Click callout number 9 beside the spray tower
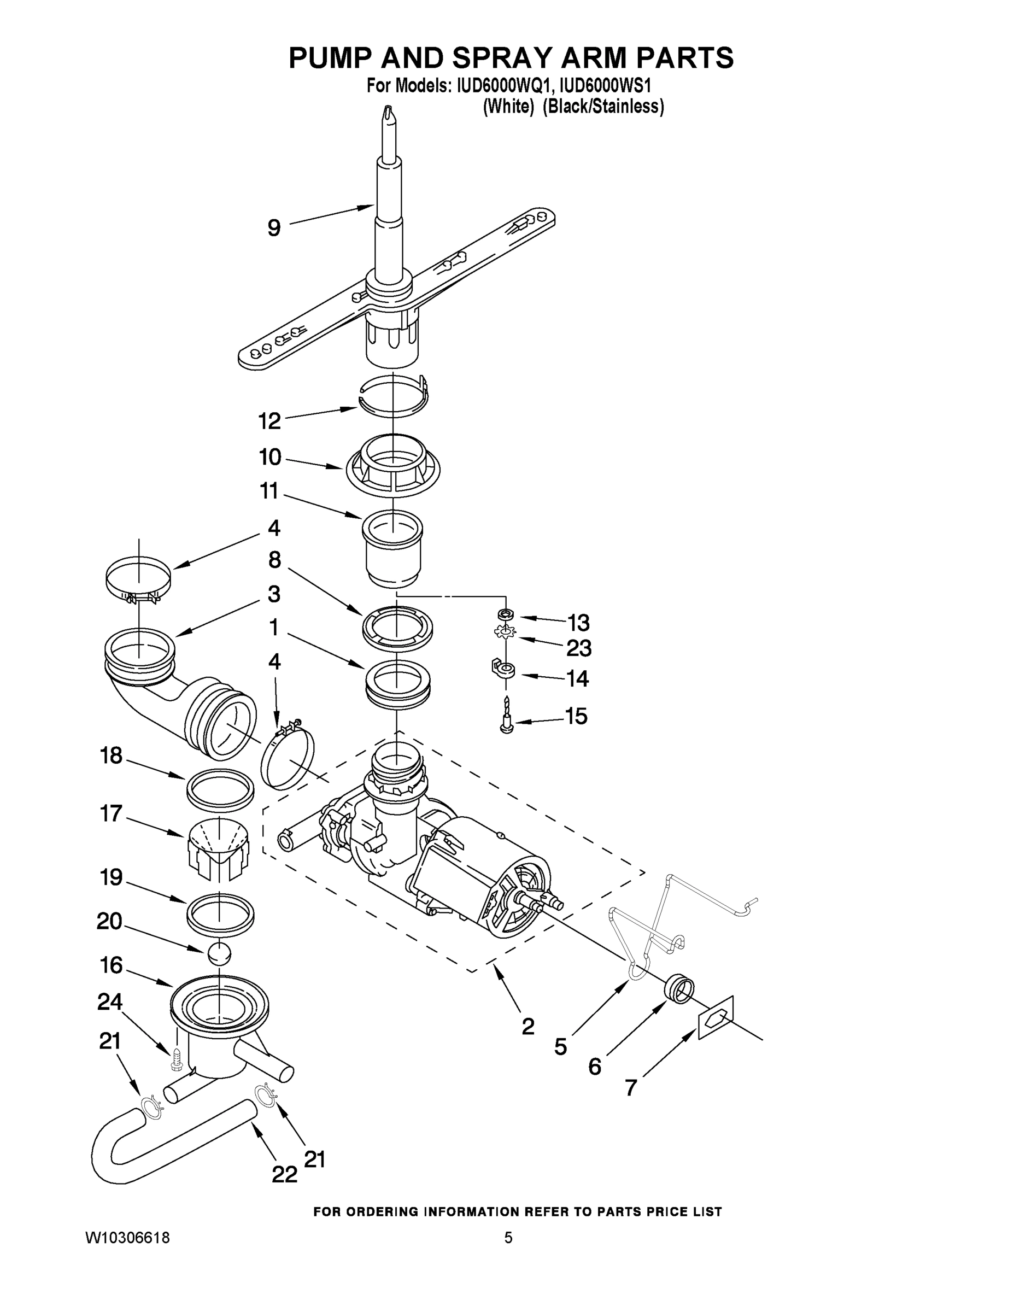[x=274, y=229]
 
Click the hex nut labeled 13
[x=506, y=614]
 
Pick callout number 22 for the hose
[x=284, y=1174]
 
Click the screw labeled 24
[x=176, y=1058]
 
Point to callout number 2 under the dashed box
[x=527, y=1027]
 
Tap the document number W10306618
[x=127, y=1238]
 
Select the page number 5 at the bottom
[x=508, y=1238]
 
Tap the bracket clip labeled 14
[x=503, y=669]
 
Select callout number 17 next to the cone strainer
[x=112, y=814]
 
